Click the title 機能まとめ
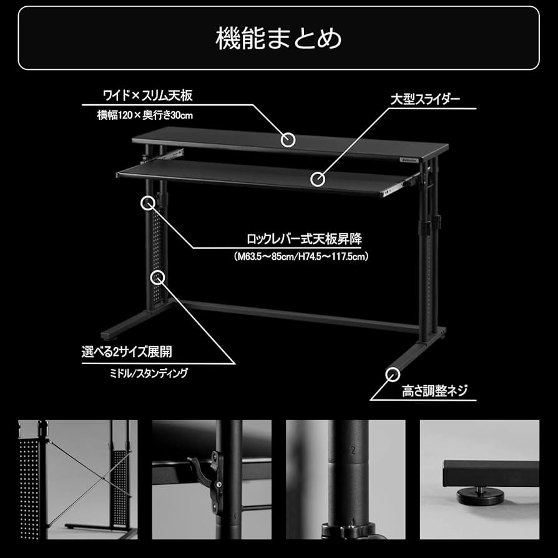click(x=278, y=38)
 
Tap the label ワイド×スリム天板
click(x=147, y=95)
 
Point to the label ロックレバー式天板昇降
click(x=304, y=239)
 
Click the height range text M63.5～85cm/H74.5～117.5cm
click(x=301, y=256)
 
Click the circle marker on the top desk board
click(x=287, y=140)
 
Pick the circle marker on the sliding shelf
click(x=318, y=180)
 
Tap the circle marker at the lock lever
click(x=148, y=203)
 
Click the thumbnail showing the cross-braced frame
click(x=77, y=479)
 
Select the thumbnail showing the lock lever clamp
click(x=212, y=479)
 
